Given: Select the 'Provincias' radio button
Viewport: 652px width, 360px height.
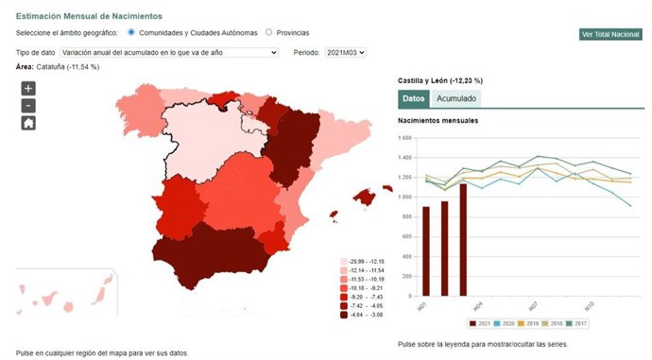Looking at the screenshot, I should pyautogui.click(x=269, y=32).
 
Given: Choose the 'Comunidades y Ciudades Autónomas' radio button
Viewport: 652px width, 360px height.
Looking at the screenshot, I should pyautogui.click(x=131, y=32).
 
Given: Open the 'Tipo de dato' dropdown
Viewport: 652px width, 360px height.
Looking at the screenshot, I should pyautogui.click(x=169, y=52).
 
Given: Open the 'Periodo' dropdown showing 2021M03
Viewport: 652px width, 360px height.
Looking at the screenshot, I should pyautogui.click(x=345, y=52).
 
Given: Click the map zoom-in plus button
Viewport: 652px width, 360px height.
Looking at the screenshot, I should pyautogui.click(x=28, y=88).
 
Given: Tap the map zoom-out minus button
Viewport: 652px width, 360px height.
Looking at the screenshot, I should pyautogui.click(x=28, y=105).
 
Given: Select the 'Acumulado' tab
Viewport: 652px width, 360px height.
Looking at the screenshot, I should pyautogui.click(x=455, y=98).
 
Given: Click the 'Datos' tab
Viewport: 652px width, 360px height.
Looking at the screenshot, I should pyautogui.click(x=414, y=98).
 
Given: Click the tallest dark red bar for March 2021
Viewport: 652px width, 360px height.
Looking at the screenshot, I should pyautogui.click(x=463, y=239).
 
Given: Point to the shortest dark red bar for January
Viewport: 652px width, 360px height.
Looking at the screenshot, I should pyautogui.click(x=427, y=250).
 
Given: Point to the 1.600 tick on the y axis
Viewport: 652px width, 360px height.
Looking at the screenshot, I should pyautogui.click(x=405, y=138).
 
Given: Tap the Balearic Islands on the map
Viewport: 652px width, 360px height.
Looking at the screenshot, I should pyautogui.click(x=366, y=197).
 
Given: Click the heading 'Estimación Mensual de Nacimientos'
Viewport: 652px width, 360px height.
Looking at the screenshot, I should pyautogui.click(x=89, y=16).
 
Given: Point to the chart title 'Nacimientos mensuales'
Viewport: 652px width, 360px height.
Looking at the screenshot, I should pyautogui.click(x=438, y=121).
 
